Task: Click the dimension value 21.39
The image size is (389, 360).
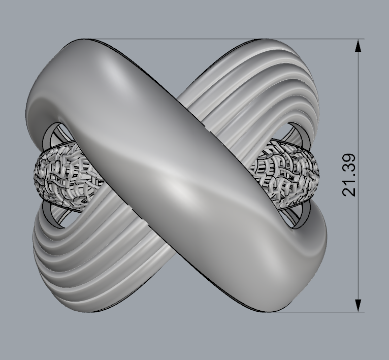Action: click(x=350, y=175)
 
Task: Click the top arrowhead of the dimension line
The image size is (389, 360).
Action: click(x=359, y=46)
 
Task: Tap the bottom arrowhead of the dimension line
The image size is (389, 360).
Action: click(x=359, y=305)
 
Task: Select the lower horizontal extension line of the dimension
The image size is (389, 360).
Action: click(x=325, y=312)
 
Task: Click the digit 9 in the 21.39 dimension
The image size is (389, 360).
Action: click(x=350, y=158)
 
